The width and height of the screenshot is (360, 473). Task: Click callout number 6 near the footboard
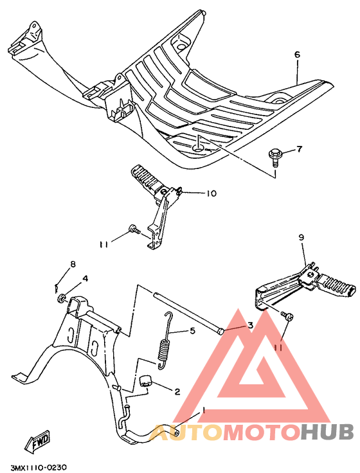[x=298, y=55]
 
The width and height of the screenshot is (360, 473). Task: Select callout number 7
[x=298, y=150]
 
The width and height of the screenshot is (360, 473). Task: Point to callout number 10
[x=212, y=193]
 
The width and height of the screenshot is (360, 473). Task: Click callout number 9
[x=301, y=238]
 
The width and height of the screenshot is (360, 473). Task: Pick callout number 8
[x=73, y=264]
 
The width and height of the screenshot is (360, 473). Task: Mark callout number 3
[x=251, y=325]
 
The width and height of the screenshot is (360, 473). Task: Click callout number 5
[x=191, y=332]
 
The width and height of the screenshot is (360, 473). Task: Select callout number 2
[x=177, y=391]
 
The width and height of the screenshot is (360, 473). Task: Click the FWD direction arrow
[x=37, y=443]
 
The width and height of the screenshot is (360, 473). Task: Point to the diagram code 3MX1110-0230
[x=39, y=467]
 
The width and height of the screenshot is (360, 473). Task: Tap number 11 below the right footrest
[x=277, y=347]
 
